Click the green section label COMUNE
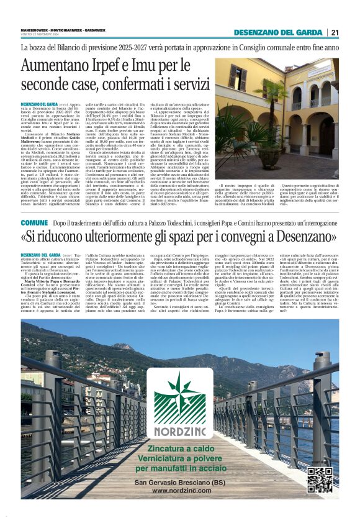[34, 222]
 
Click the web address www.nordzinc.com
[179, 491]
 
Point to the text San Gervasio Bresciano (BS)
[179, 482]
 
